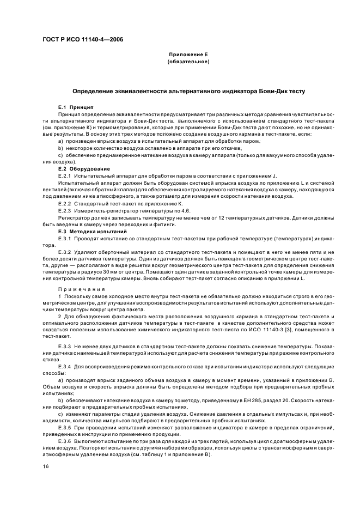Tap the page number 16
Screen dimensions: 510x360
tap(46, 466)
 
